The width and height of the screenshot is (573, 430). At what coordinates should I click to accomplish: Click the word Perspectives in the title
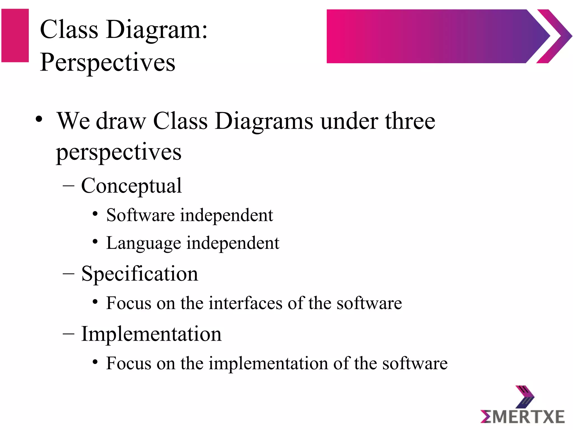(x=107, y=62)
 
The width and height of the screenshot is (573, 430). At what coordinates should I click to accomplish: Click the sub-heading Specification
(x=139, y=274)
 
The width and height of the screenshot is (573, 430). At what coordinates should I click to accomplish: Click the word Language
(x=144, y=243)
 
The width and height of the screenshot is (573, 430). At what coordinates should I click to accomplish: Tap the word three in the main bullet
(x=410, y=121)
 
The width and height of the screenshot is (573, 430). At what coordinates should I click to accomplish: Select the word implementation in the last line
(x=268, y=363)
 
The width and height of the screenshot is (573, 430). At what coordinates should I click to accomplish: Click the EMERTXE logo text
(x=522, y=417)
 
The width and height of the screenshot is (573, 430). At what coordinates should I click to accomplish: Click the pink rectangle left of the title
(x=15, y=36)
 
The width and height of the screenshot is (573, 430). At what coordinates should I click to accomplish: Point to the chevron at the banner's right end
(x=554, y=36)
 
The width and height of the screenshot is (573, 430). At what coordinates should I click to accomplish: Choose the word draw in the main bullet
(x=121, y=121)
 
